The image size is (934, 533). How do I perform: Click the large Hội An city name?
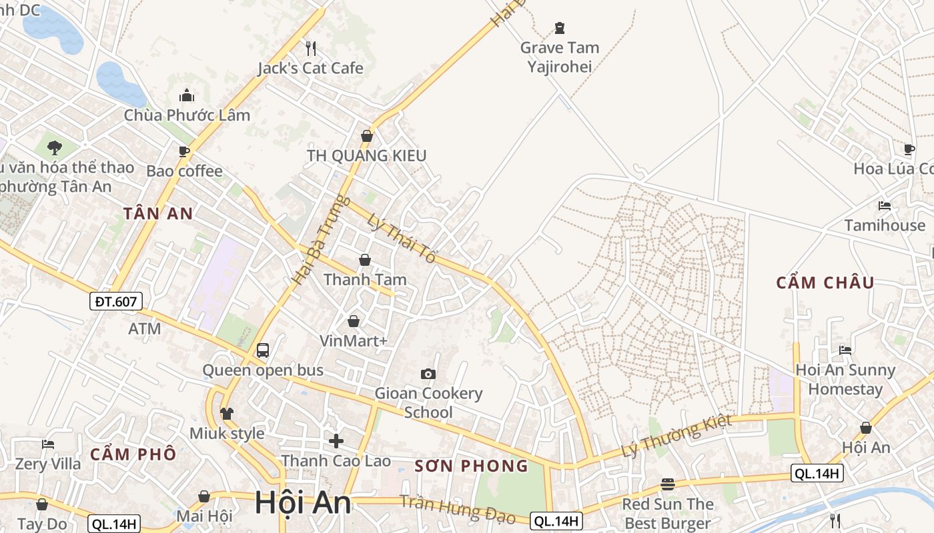click(x=303, y=503)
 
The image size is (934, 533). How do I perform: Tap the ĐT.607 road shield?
click(x=116, y=301)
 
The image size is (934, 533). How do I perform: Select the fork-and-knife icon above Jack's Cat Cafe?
click(x=310, y=48)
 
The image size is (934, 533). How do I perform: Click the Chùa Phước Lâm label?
click(x=187, y=115)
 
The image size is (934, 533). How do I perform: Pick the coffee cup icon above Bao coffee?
click(x=184, y=152)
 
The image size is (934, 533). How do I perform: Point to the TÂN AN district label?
click(x=158, y=214)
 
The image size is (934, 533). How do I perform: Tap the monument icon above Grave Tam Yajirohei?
click(x=559, y=28)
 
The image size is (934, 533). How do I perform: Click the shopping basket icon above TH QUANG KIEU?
click(x=366, y=136)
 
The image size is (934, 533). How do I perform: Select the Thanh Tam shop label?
click(x=365, y=279)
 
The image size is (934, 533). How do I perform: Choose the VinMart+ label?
click(x=354, y=340)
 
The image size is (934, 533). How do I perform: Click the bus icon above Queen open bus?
click(x=263, y=350)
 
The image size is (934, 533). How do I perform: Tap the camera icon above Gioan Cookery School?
click(x=428, y=374)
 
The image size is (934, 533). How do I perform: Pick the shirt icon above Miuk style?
click(x=227, y=414)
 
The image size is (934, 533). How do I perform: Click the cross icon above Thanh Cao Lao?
click(x=336, y=440)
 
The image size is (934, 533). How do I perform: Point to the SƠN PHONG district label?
click(x=471, y=466)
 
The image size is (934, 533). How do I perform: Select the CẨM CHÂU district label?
click(x=825, y=282)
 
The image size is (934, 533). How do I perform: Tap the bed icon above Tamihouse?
click(x=885, y=206)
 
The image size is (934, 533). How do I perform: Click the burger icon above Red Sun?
click(x=668, y=484)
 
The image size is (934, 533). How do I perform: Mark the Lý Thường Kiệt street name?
click(x=676, y=436)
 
